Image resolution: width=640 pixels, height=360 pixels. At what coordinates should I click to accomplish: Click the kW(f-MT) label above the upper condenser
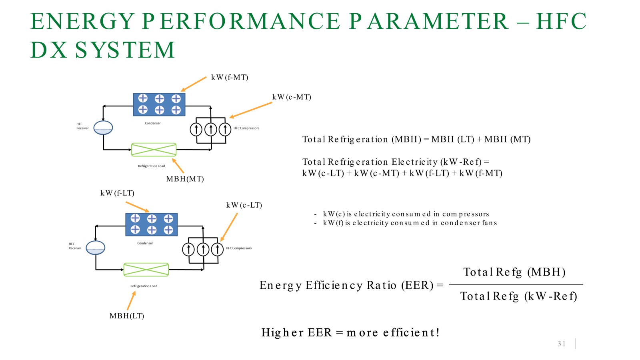tap(230, 77)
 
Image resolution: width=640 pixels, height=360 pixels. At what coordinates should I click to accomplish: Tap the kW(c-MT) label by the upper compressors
tap(292, 97)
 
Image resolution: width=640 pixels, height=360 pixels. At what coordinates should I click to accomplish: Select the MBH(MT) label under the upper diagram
tap(185, 179)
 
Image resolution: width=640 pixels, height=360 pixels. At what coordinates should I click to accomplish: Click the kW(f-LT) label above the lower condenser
tap(117, 193)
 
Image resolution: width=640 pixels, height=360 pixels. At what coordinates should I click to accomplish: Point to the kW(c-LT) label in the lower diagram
tap(244, 205)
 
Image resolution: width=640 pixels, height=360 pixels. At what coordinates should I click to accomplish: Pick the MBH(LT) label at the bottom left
tap(126, 316)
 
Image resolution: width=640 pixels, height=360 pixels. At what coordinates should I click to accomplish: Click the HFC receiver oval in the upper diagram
tap(103, 128)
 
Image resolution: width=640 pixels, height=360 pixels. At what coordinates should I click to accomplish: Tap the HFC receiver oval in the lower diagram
tap(96, 248)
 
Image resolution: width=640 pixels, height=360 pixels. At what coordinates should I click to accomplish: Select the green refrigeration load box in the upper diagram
tap(154, 150)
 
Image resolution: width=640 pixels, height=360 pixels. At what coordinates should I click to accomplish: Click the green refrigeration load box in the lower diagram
tap(146, 270)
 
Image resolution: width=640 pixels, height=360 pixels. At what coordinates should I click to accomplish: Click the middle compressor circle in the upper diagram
tap(211, 129)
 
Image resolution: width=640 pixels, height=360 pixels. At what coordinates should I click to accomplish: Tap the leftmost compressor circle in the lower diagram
tap(188, 249)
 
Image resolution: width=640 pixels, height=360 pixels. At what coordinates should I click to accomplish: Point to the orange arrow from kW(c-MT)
tap(251, 110)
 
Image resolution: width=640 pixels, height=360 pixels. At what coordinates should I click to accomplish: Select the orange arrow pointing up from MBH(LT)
tap(131, 301)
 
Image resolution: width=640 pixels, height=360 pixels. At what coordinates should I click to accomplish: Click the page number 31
tap(561, 344)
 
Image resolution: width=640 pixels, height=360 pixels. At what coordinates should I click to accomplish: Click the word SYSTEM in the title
tap(125, 50)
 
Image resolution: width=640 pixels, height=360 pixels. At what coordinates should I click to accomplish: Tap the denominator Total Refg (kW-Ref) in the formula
tap(518, 296)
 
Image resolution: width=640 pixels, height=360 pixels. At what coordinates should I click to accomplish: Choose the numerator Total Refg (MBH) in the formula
tap(514, 272)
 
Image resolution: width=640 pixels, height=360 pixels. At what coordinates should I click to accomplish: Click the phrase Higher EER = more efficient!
tap(350, 332)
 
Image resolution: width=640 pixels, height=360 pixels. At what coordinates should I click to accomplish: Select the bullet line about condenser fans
tap(410, 223)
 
